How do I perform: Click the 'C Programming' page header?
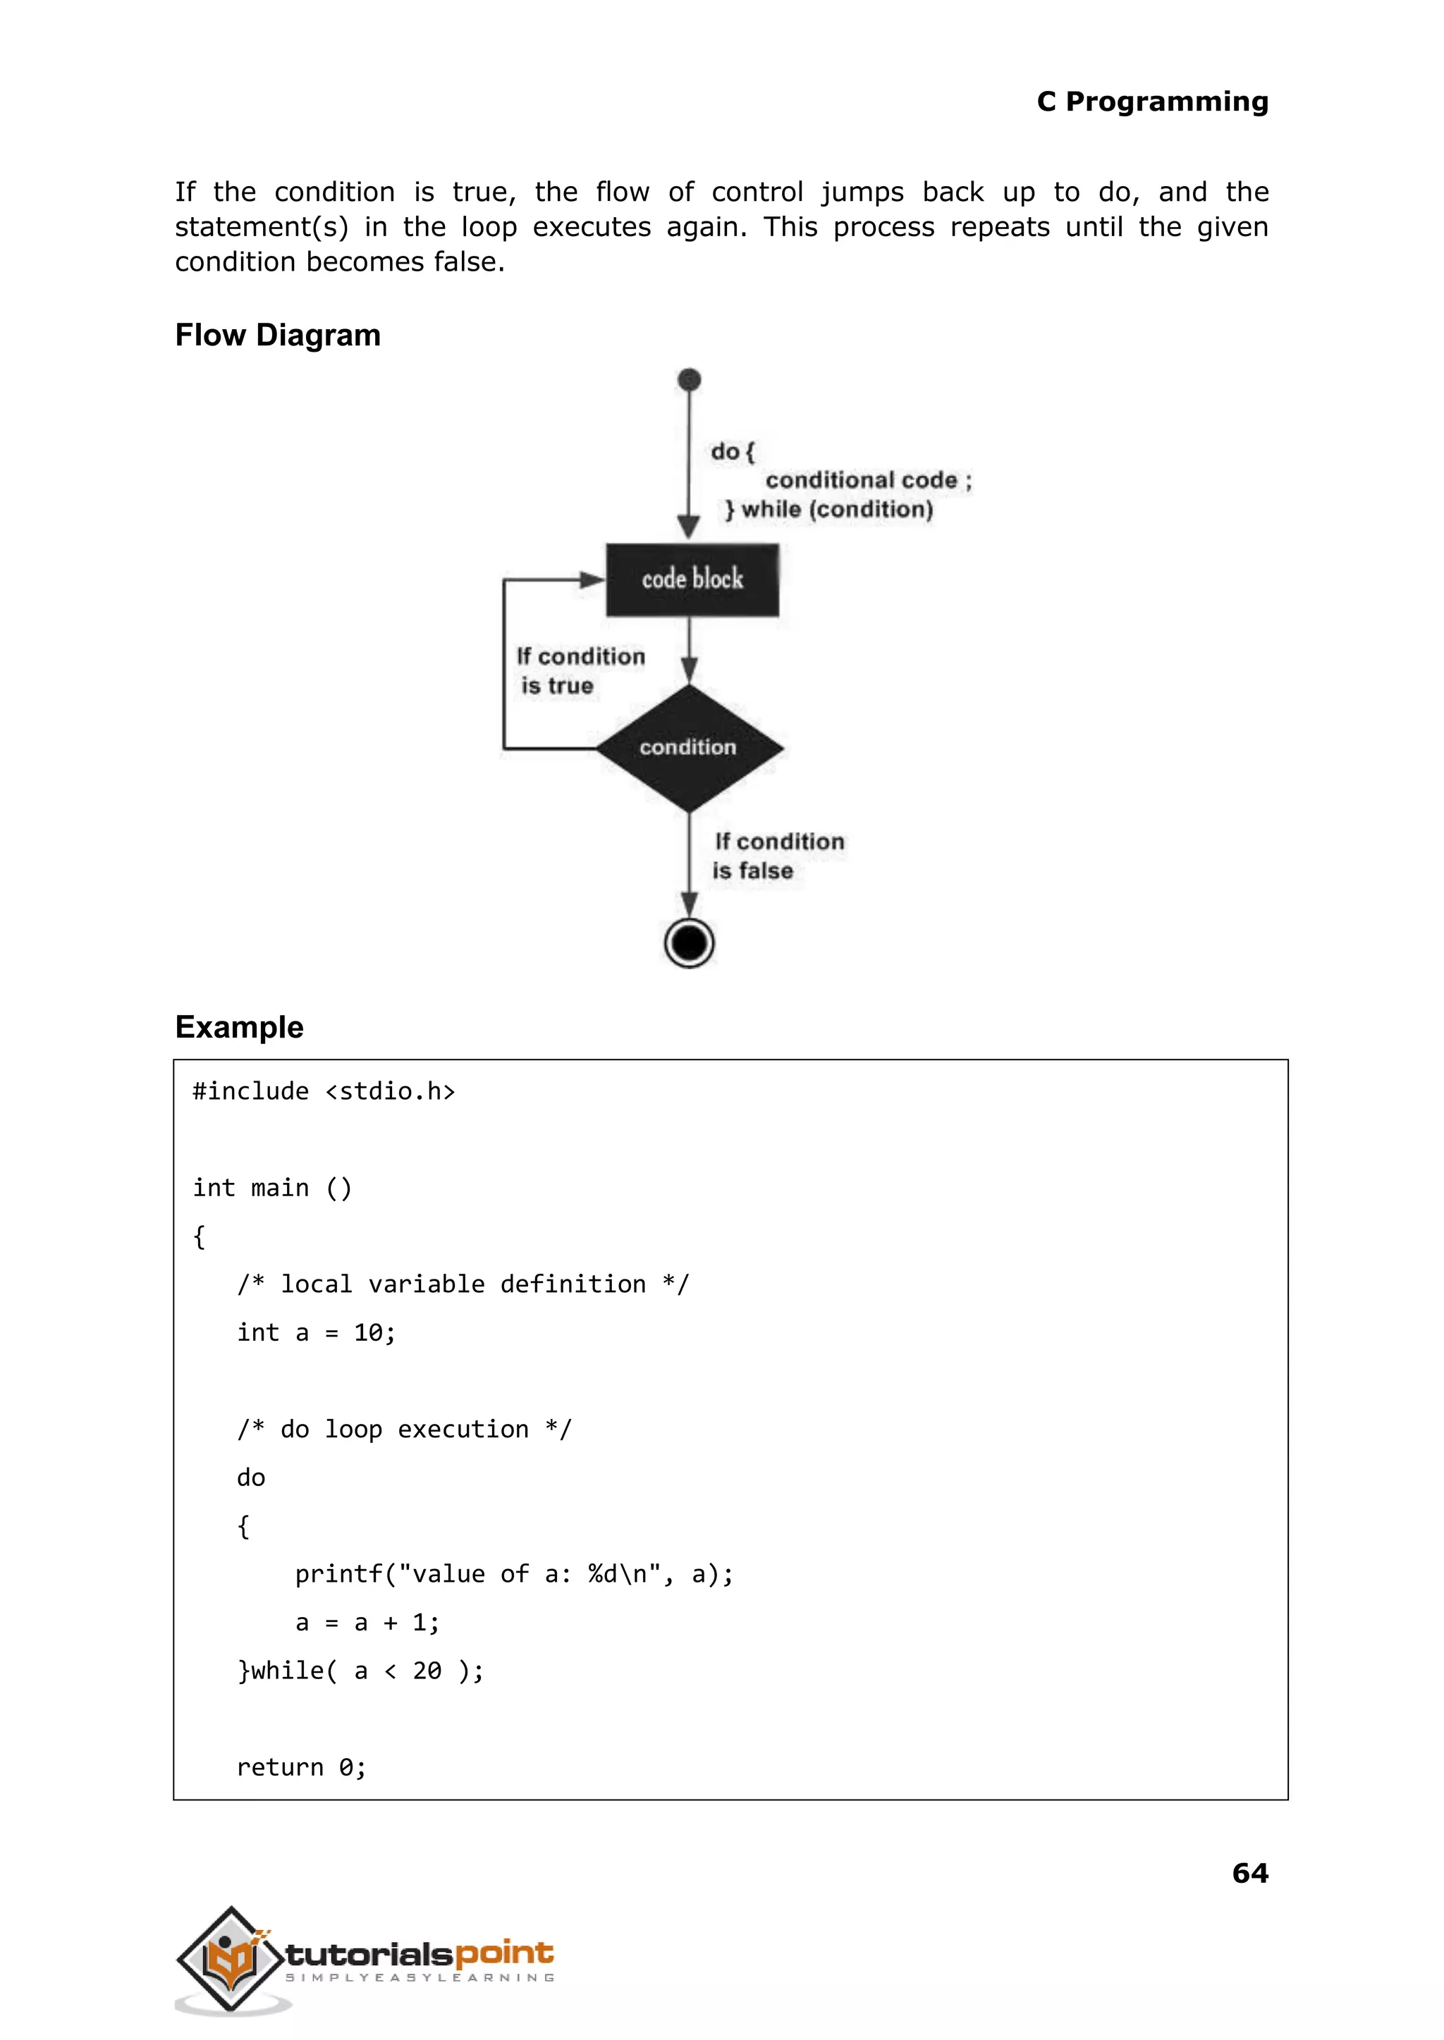coord(1151,102)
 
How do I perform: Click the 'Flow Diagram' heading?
coord(277,335)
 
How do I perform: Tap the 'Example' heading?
coord(239,1026)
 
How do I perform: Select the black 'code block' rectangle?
coord(692,579)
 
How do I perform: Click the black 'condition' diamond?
coord(689,748)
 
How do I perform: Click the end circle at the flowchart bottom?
coord(689,942)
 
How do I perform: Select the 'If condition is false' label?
coord(777,855)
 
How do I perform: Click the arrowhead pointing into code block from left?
coord(592,579)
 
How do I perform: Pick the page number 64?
coord(1249,1873)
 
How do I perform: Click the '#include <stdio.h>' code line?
coord(324,1092)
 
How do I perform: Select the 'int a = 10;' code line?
coord(316,1332)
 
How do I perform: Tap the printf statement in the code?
coord(514,1574)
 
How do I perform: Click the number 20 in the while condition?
coord(427,1671)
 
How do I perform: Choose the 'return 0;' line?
coord(302,1767)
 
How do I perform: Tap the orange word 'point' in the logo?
coord(504,1953)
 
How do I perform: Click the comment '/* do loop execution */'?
coord(404,1430)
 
